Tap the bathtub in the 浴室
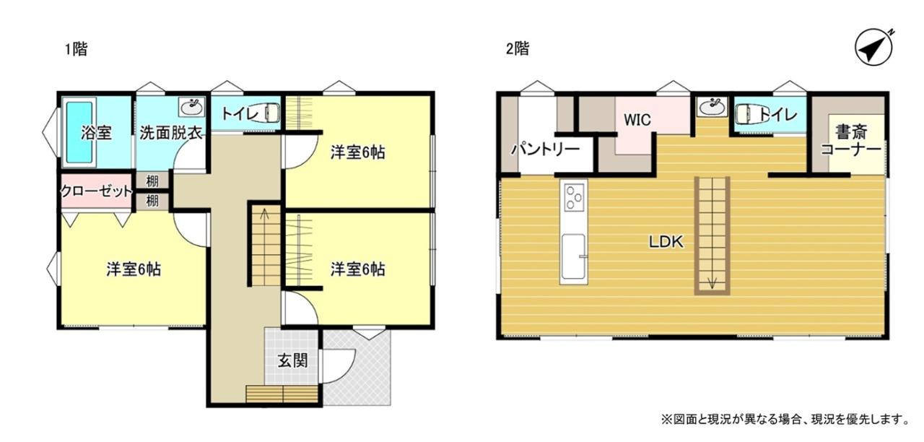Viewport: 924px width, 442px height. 79,132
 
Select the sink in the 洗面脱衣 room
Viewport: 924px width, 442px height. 192,108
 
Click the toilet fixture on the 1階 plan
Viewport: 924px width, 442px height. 271,113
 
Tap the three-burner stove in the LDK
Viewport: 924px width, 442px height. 574,198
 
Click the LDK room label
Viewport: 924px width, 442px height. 666,242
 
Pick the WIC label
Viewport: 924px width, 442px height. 637,120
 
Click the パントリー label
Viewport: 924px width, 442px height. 546,149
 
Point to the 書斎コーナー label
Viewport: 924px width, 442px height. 851,141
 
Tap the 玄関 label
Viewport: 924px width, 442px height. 292,360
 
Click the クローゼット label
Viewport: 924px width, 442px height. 97,191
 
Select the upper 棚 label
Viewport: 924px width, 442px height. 152,181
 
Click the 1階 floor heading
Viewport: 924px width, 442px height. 77,50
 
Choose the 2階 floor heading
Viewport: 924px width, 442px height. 518,49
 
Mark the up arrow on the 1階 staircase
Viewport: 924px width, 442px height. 264,213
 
